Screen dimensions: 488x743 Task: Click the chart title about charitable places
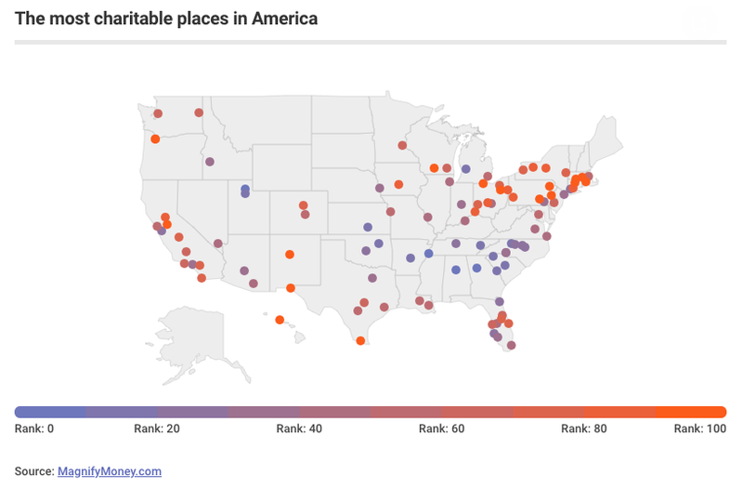pyautogui.click(x=166, y=19)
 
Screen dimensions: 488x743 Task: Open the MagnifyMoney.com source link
pyautogui.click(x=110, y=471)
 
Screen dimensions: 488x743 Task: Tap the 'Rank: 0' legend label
pyautogui.click(x=35, y=429)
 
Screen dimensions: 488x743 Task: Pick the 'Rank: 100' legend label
pyautogui.click(x=700, y=429)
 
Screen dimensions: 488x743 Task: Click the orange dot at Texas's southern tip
pyautogui.click(x=360, y=341)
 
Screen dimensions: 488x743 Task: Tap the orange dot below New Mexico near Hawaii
pyautogui.click(x=280, y=320)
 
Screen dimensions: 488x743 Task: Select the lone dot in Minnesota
pyautogui.click(x=402, y=145)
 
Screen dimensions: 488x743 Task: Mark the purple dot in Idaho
pyautogui.click(x=210, y=162)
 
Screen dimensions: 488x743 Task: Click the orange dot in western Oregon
pyautogui.click(x=155, y=139)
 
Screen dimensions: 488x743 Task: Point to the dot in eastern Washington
pyautogui.click(x=199, y=113)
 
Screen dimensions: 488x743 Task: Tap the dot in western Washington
pyautogui.click(x=158, y=113)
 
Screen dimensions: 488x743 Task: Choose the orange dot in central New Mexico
pyautogui.click(x=290, y=254)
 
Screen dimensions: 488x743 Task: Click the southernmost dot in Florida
pyautogui.click(x=511, y=345)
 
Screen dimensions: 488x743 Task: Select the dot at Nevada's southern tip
pyautogui.click(x=218, y=244)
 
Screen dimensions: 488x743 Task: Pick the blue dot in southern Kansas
pyautogui.click(x=368, y=227)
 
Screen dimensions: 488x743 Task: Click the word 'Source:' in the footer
pyautogui.click(x=34, y=471)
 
